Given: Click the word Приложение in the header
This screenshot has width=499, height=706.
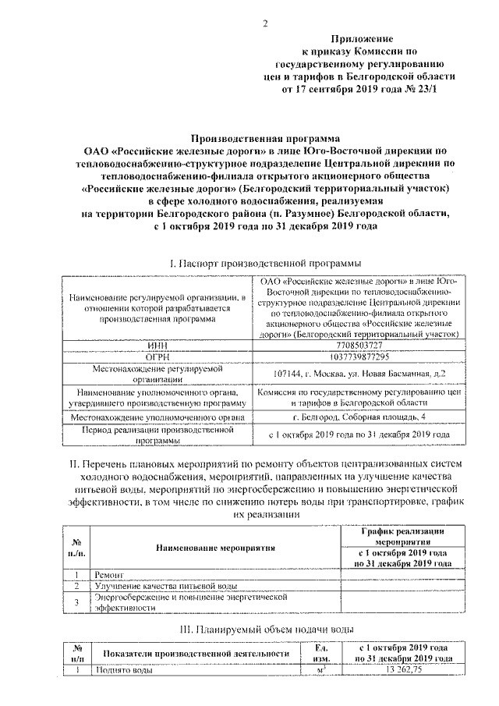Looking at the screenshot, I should (361, 38).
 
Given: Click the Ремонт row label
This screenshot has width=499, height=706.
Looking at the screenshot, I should (110, 574).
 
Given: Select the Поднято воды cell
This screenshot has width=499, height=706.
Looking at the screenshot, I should (122, 670).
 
